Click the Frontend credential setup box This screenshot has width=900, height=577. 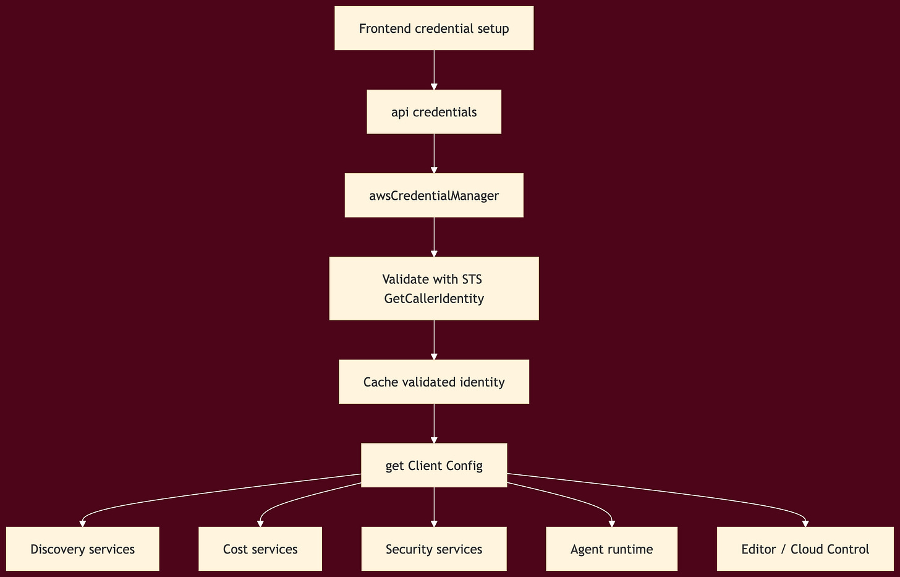(434, 28)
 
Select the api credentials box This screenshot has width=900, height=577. (434, 112)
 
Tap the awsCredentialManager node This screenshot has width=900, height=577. (434, 195)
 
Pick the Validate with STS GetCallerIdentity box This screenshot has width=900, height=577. (434, 288)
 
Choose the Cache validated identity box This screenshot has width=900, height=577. (434, 382)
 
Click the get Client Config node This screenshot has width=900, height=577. (434, 465)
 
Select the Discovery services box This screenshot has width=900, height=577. (82, 549)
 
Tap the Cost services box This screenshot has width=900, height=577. (260, 549)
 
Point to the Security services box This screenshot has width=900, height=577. (434, 549)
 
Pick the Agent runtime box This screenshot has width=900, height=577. (611, 549)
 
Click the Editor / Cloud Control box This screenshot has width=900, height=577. (805, 549)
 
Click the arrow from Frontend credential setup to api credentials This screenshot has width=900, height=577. (434, 69)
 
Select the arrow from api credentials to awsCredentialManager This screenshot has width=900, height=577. (434, 153)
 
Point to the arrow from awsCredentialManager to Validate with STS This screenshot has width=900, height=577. (434, 236)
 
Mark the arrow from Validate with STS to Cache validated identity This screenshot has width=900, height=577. (434, 339)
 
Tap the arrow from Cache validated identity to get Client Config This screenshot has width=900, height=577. (434, 423)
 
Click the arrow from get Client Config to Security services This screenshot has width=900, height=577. (434, 506)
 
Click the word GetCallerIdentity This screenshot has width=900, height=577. (434, 299)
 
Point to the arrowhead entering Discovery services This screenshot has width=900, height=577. (82, 523)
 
